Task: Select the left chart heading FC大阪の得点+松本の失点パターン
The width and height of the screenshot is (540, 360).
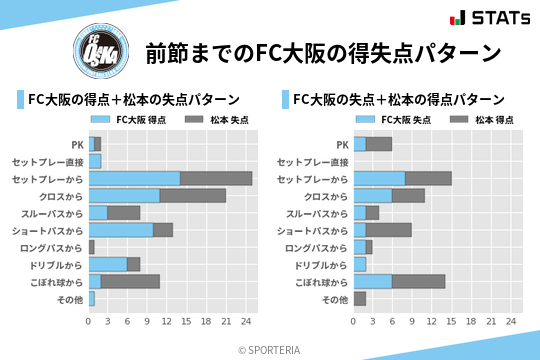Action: coord(133,99)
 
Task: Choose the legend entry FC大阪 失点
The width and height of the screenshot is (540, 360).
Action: coord(401,120)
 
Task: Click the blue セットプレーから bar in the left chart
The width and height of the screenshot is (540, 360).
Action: coord(134,178)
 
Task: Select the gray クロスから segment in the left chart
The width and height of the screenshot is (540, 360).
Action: coord(193,195)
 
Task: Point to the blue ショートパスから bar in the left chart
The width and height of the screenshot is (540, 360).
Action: coord(121,229)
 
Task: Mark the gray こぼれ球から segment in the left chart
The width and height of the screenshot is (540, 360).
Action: coord(130,281)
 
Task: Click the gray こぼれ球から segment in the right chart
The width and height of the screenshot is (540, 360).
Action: coord(419,281)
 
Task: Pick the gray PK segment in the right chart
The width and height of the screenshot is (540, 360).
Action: coord(378,144)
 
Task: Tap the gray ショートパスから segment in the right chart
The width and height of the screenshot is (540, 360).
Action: coord(389,229)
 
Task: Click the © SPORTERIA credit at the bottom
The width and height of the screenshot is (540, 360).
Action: coord(270,349)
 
